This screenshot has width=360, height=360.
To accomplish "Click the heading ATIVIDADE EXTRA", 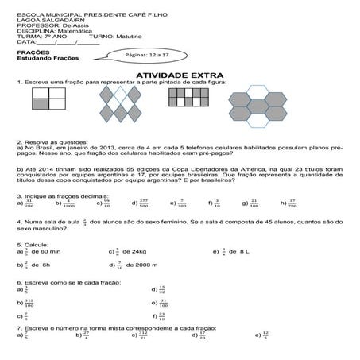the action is (x=180, y=74).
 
